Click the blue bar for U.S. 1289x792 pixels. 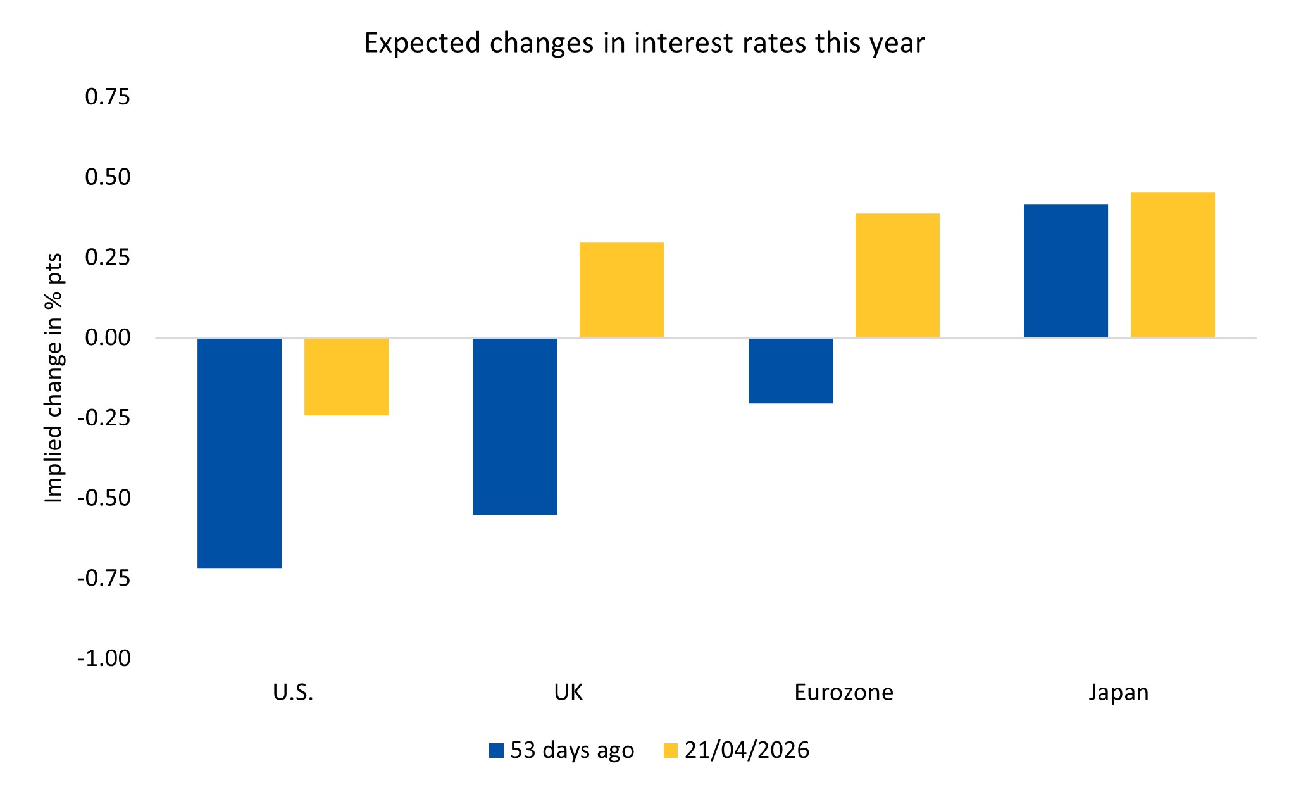coord(239,453)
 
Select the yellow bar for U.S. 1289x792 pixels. coord(346,377)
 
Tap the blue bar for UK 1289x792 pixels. coord(514,426)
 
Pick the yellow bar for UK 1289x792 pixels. coord(621,289)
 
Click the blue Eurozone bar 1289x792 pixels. coord(790,370)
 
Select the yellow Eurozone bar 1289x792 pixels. coord(897,275)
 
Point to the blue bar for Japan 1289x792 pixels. coord(1066,270)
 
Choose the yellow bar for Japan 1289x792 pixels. coord(1173,264)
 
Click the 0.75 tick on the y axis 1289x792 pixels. coord(108,97)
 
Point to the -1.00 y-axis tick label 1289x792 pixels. coord(104,658)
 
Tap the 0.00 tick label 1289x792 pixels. coord(108,337)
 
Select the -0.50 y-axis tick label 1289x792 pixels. coord(104,498)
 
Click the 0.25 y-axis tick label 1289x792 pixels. coord(108,257)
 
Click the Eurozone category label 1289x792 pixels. coord(844,693)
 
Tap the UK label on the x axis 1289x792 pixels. coord(568,693)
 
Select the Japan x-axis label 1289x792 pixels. coord(1119,693)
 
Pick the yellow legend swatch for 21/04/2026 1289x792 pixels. coord(671,751)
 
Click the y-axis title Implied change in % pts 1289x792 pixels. coord(54,378)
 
